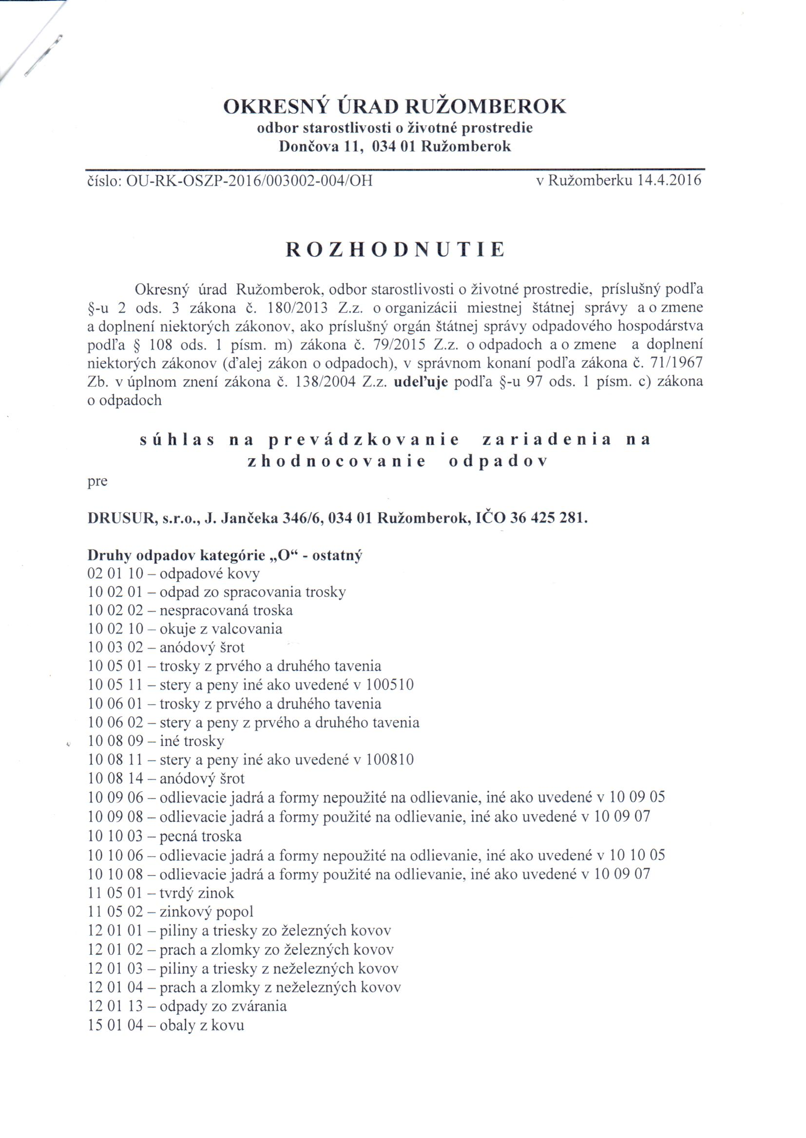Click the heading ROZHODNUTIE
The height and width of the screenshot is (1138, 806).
coord(395,249)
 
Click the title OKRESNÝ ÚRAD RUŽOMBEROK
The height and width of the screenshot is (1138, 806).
coord(395,106)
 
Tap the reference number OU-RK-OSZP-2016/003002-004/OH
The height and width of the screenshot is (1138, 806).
coord(249,181)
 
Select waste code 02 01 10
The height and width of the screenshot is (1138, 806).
coord(115,574)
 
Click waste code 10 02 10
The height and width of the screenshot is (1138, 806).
coord(115,629)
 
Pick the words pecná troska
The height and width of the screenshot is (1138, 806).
coord(200,837)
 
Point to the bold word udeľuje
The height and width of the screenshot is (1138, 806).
coord(421,382)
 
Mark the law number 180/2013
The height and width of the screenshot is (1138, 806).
coord(297,308)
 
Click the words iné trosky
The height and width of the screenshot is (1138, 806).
coord(192,741)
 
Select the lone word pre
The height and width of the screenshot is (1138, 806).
coord(97,482)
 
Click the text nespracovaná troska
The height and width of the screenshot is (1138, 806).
coord(226,611)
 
